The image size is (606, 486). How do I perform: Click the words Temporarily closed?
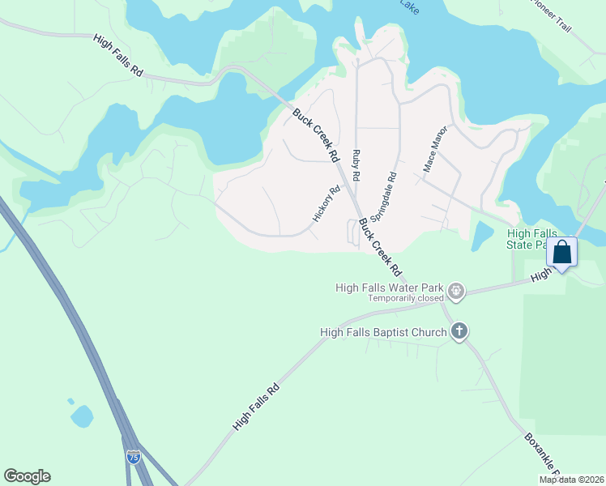[407, 298]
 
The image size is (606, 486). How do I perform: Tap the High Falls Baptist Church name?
[383, 332]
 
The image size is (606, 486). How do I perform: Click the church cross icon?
[459, 330]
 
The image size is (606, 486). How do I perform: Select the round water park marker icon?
[456, 291]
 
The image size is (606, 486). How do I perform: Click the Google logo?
[27, 476]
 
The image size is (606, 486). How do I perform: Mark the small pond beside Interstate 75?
[82, 416]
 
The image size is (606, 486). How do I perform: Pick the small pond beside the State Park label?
[481, 236]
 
